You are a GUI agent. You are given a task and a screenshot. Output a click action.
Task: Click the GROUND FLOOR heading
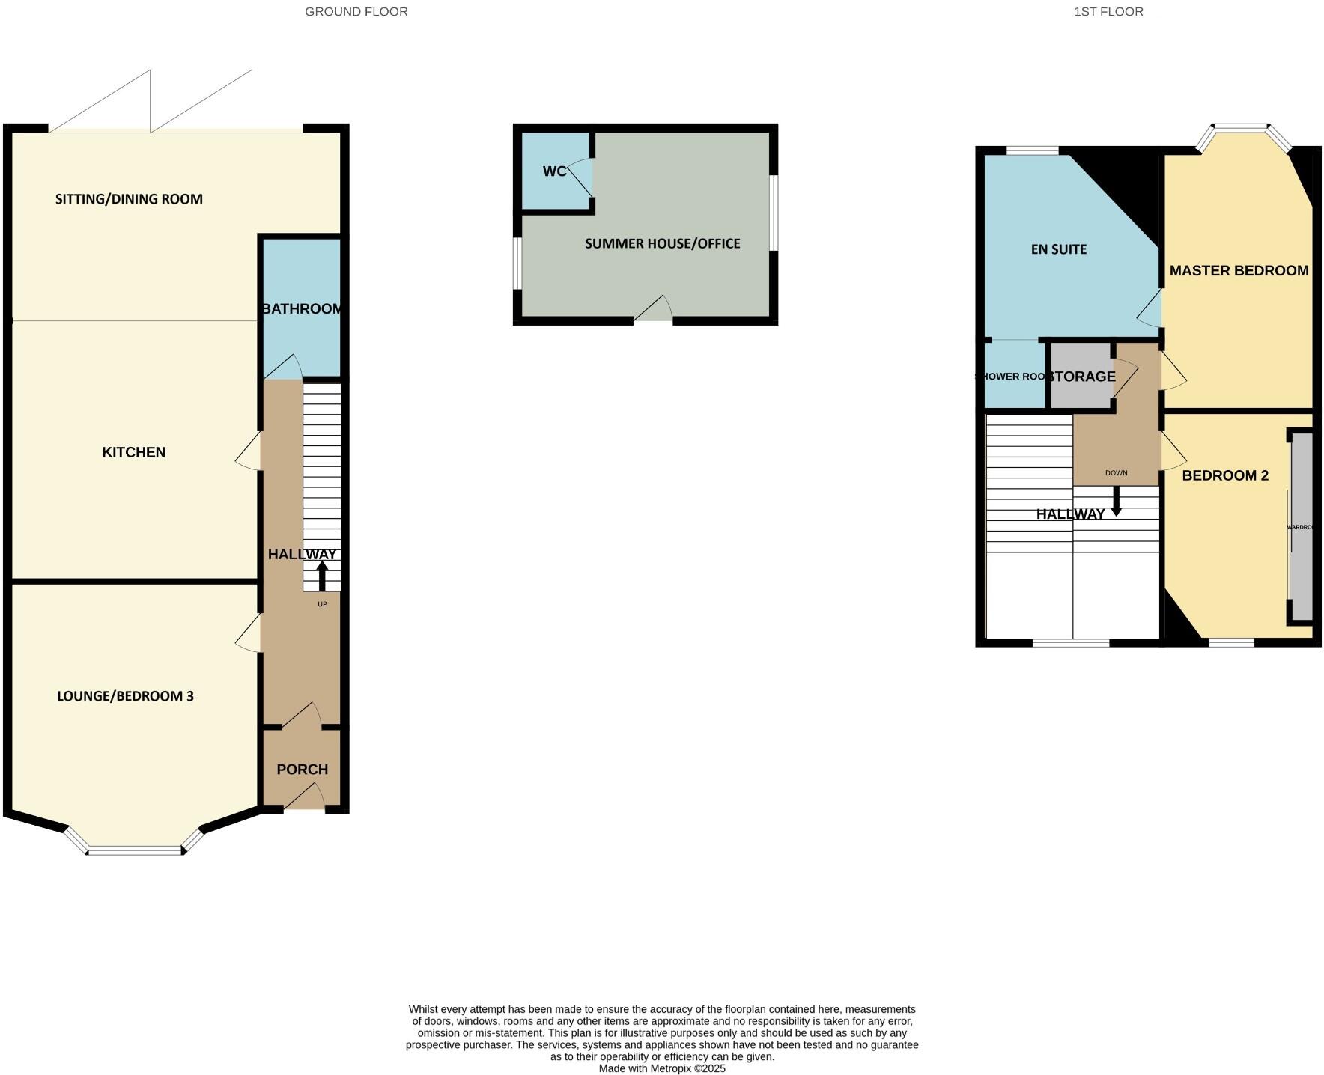(x=356, y=12)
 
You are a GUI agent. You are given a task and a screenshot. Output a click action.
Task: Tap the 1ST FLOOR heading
(x=1108, y=12)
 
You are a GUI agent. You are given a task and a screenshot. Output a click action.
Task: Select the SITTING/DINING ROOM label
(x=129, y=199)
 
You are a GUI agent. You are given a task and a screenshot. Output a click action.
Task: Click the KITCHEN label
(x=133, y=452)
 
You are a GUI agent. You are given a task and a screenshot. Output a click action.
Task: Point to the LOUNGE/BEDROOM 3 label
(x=125, y=696)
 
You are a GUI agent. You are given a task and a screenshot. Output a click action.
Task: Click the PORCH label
(x=302, y=770)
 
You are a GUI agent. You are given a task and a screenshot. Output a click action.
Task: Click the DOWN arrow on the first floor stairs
(x=1116, y=502)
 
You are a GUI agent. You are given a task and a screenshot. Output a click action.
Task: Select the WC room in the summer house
(x=554, y=171)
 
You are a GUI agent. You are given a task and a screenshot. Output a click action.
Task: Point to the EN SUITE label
(x=1058, y=249)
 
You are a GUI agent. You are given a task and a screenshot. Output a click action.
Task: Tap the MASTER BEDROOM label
(x=1239, y=271)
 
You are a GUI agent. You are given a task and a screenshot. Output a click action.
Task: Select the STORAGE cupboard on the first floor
(x=1080, y=377)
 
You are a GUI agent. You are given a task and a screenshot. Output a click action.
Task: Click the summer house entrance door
(x=653, y=312)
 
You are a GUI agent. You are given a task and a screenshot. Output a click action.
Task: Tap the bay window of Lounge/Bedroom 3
(x=135, y=850)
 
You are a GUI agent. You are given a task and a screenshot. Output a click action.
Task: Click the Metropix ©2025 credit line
(x=662, y=1068)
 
